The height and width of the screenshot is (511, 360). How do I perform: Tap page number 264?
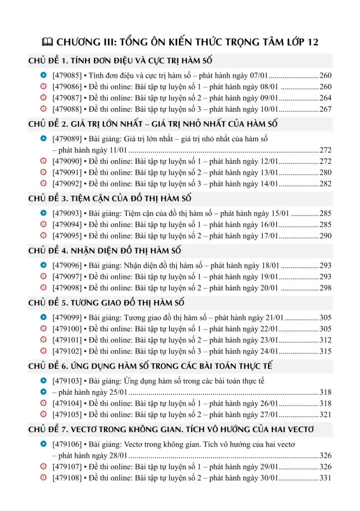[x=325, y=98]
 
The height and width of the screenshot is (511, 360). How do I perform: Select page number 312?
[x=325, y=340]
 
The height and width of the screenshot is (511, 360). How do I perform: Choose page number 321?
[x=325, y=414]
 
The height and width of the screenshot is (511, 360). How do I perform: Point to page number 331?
[x=325, y=478]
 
